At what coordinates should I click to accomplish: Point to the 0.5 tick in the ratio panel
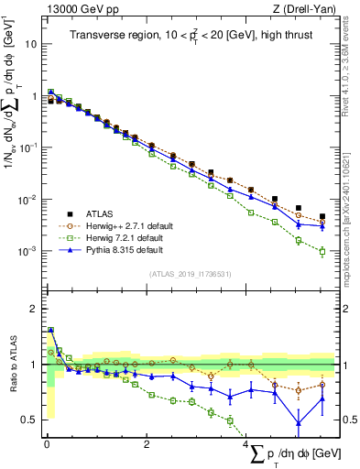(x=27, y=420)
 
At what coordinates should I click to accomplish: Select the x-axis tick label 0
(x=46, y=443)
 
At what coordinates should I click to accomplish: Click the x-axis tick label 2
(x=147, y=443)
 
